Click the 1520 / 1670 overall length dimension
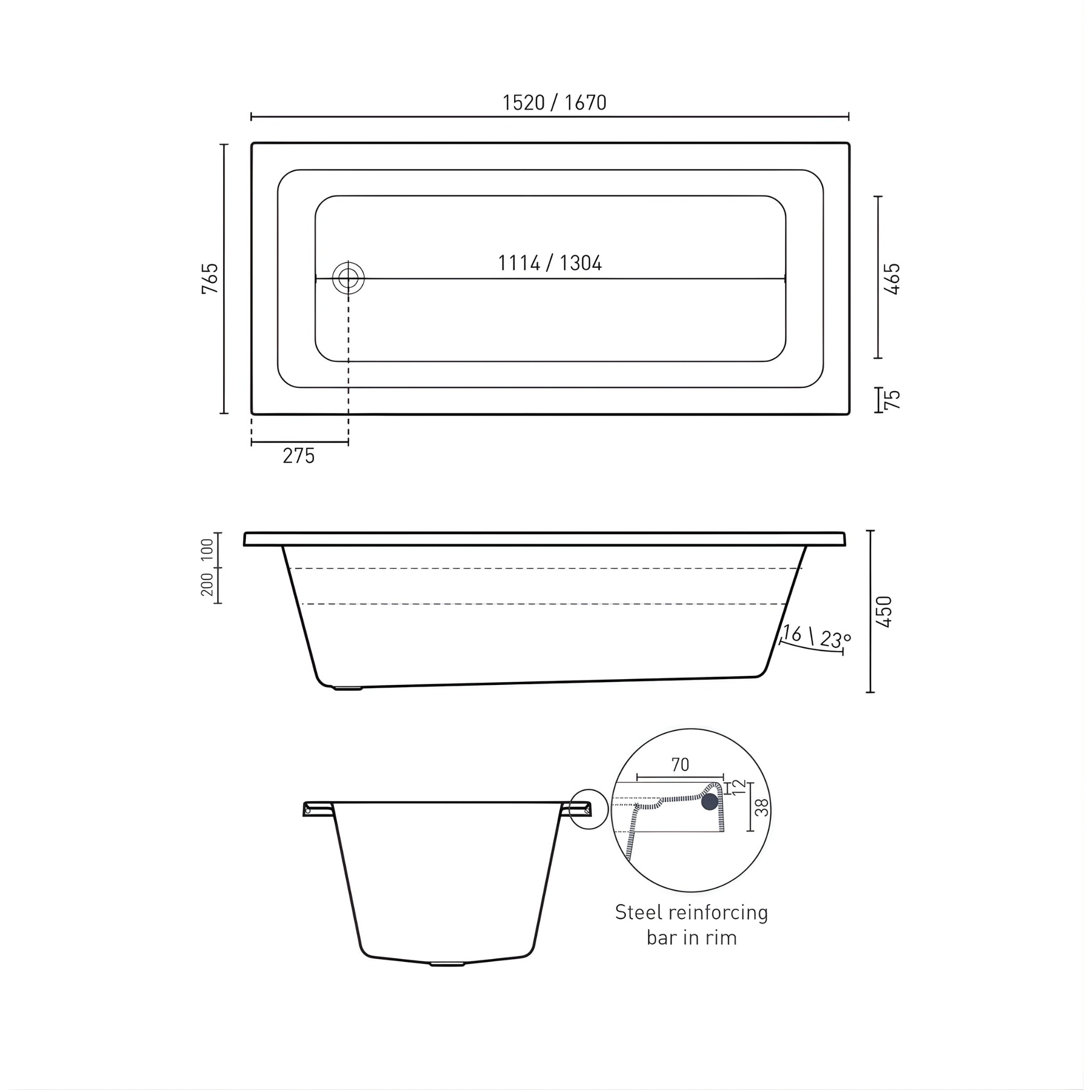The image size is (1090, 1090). (x=554, y=103)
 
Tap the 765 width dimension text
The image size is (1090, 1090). (x=210, y=278)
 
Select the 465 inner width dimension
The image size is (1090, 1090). (x=893, y=279)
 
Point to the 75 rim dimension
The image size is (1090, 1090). (x=893, y=400)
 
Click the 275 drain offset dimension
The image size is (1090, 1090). (x=299, y=456)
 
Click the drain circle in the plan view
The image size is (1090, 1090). (x=348, y=278)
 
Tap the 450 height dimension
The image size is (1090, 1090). (x=884, y=612)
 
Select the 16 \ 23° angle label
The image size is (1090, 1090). (x=815, y=637)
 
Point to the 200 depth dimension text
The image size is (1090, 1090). (x=208, y=584)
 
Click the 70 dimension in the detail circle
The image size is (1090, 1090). (x=680, y=765)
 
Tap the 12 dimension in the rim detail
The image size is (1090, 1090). (x=740, y=787)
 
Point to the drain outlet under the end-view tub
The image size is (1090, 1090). (x=447, y=964)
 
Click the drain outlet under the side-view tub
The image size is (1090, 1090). (x=347, y=688)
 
